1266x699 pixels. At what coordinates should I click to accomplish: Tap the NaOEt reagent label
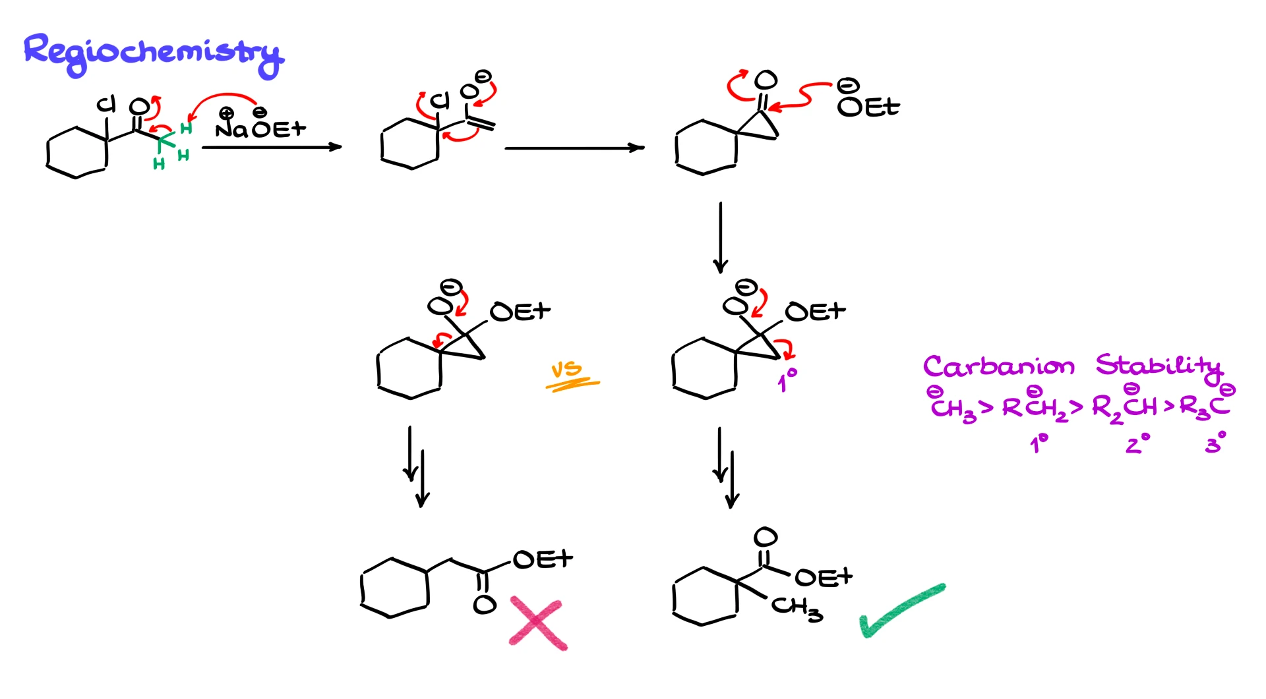click(x=261, y=127)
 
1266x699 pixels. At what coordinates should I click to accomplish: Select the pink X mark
click(x=538, y=623)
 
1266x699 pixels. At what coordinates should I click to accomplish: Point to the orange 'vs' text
click(x=567, y=370)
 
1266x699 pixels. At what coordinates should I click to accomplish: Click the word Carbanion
click(x=998, y=366)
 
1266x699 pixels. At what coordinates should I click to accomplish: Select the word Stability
click(x=1159, y=366)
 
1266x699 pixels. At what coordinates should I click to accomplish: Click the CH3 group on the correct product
click(x=797, y=607)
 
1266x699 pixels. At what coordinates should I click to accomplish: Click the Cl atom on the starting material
click(x=106, y=104)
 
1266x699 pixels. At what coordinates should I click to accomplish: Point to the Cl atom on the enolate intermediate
click(x=440, y=101)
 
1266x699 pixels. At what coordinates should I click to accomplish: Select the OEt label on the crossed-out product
click(x=543, y=559)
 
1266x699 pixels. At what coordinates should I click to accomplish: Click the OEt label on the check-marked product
click(x=824, y=578)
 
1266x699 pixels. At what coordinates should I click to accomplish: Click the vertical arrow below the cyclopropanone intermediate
click(x=721, y=237)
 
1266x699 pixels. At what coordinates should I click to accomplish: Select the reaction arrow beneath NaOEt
click(x=272, y=147)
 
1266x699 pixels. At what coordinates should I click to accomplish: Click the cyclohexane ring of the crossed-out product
click(x=395, y=588)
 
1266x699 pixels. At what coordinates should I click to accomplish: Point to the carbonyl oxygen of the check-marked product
click(x=765, y=538)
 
